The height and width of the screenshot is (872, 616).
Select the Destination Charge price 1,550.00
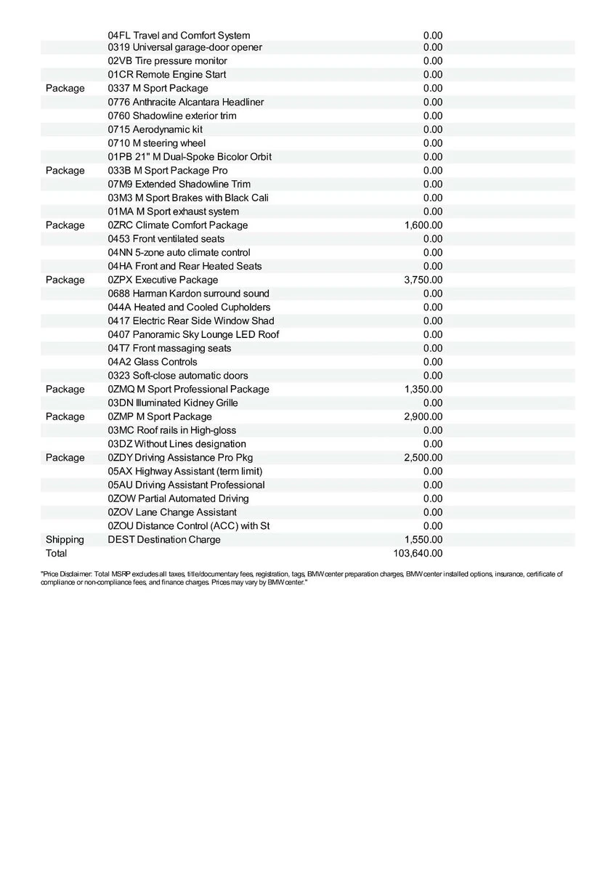click(x=423, y=540)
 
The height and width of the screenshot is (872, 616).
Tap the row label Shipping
click(x=65, y=540)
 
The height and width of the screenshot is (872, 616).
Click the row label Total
click(x=56, y=554)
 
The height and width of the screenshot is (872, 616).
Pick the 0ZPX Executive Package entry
click(x=163, y=280)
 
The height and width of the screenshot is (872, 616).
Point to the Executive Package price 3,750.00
click(x=423, y=280)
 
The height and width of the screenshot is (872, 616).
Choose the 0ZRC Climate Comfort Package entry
click(x=177, y=225)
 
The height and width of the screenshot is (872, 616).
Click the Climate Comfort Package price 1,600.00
click(x=423, y=225)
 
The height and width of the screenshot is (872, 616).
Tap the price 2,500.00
click(x=423, y=458)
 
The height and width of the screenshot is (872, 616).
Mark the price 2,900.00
click(x=423, y=416)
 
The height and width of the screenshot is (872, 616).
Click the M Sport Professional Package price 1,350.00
click(x=423, y=389)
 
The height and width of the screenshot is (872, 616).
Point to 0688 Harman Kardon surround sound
click(x=188, y=294)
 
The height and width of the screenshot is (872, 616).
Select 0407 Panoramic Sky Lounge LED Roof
click(x=193, y=334)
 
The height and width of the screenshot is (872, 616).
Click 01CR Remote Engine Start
click(x=166, y=75)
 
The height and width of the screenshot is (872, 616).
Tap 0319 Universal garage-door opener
click(x=185, y=47)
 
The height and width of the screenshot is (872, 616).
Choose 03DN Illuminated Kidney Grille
click(x=172, y=403)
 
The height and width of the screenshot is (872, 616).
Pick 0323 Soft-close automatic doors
click(x=177, y=376)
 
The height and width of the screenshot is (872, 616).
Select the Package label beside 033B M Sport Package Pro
click(x=65, y=170)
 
